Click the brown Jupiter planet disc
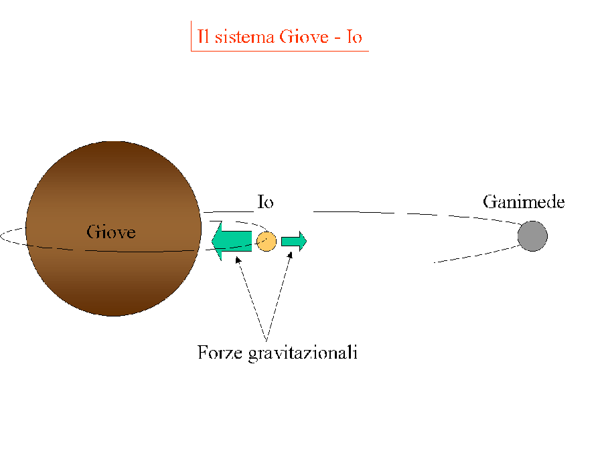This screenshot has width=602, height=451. click(113, 268)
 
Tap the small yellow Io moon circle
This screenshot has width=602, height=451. click(267, 241)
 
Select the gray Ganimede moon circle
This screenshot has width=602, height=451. click(532, 236)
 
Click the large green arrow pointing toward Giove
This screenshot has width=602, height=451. click(231, 241)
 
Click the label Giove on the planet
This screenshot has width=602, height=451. click(111, 232)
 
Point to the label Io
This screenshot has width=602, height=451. click(265, 202)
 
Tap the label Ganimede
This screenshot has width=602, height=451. click(524, 201)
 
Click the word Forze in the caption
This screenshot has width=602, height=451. click(219, 352)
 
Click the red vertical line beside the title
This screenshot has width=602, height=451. click(192, 36)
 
